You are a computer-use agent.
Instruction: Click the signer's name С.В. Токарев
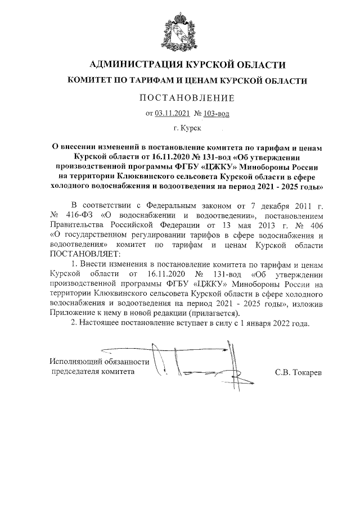coord(299,372)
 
